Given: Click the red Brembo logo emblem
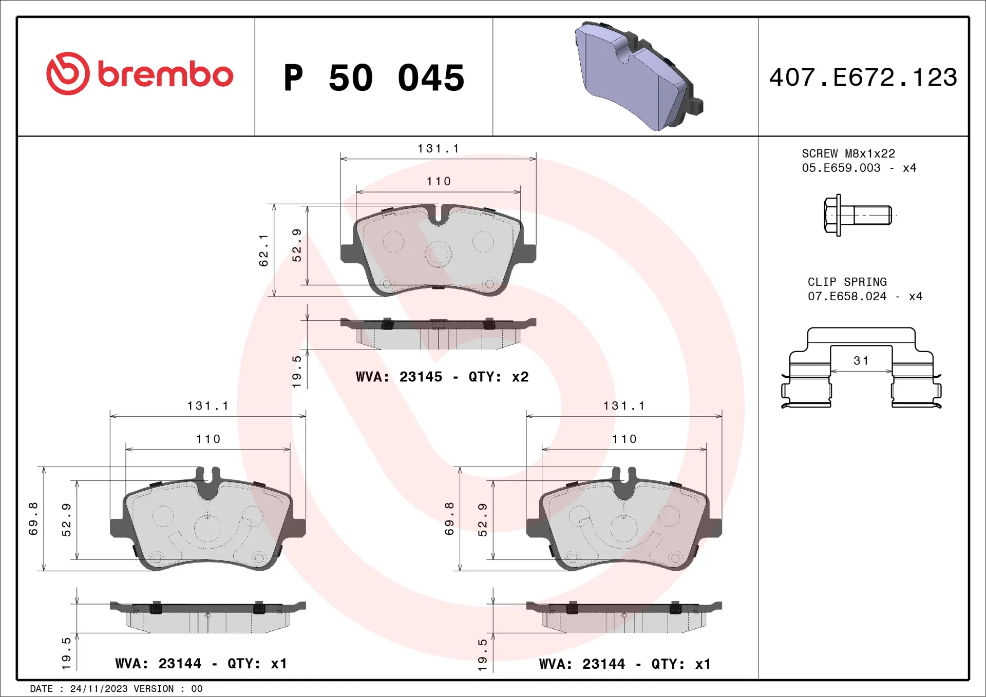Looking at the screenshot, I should pyautogui.click(x=68, y=73).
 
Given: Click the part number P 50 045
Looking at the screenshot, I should pyautogui.click(x=373, y=78).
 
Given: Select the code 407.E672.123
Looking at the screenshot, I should pyautogui.click(x=863, y=78).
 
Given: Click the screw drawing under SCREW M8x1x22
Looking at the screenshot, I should pyautogui.click(x=857, y=215).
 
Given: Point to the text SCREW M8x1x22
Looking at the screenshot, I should pyautogui.click(x=848, y=153).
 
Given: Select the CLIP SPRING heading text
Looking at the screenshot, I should pyautogui.click(x=847, y=282).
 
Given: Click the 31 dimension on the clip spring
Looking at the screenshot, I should pyautogui.click(x=861, y=361).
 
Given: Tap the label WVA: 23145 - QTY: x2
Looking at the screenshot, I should pyautogui.click(x=442, y=377).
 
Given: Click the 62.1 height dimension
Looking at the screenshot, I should pyautogui.click(x=263, y=250).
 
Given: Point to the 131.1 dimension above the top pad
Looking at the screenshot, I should pyautogui.click(x=438, y=149).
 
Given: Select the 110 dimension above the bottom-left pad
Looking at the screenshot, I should pyautogui.click(x=208, y=439).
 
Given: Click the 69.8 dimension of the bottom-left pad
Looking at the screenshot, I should pyautogui.click(x=33, y=519).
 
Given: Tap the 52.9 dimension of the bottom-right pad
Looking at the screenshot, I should pyautogui.click(x=483, y=520).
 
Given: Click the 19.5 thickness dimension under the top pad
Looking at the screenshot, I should pyautogui.click(x=297, y=371).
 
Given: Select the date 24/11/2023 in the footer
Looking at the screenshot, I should pyautogui.click(x=99, y=689).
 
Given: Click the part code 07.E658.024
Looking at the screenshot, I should pyautogui.click(x=847, y=296).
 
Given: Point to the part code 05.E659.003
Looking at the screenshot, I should pyautogui.click(x=841, y=168).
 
